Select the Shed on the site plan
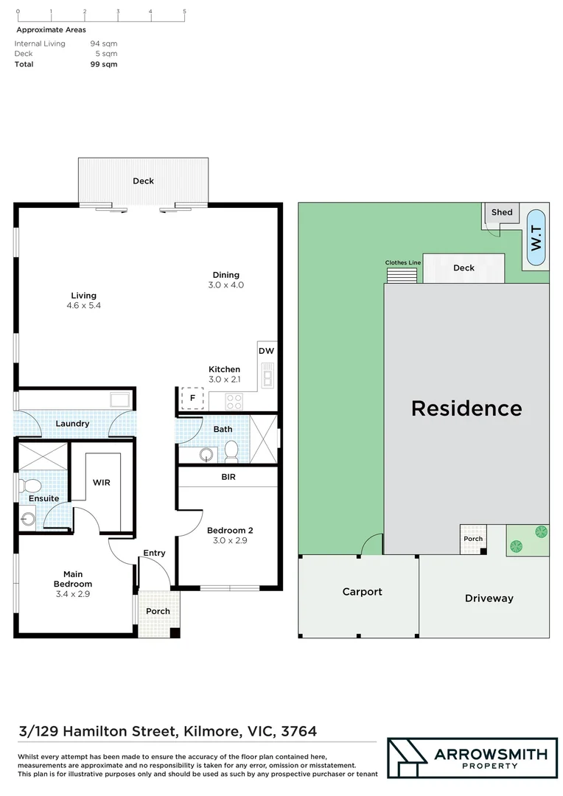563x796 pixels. click(x=501, y=212)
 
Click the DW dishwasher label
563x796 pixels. click(x=266, y=351)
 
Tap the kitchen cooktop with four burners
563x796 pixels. click(x=234, y=402)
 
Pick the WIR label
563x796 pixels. click(x=102, y=482)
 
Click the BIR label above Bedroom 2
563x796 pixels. click(x=228, y=477)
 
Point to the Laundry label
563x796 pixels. click(x=73, y=423)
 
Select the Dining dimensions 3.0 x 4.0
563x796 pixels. click(x=227, y=284)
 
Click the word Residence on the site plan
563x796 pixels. click(x=466, y=408)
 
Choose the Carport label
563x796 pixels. click(x=362, y=591)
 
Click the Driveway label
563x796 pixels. click(x=489, y=598)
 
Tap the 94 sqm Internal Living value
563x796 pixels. click(x=103, y=43)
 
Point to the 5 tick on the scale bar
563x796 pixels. click(x=184, y=12)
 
